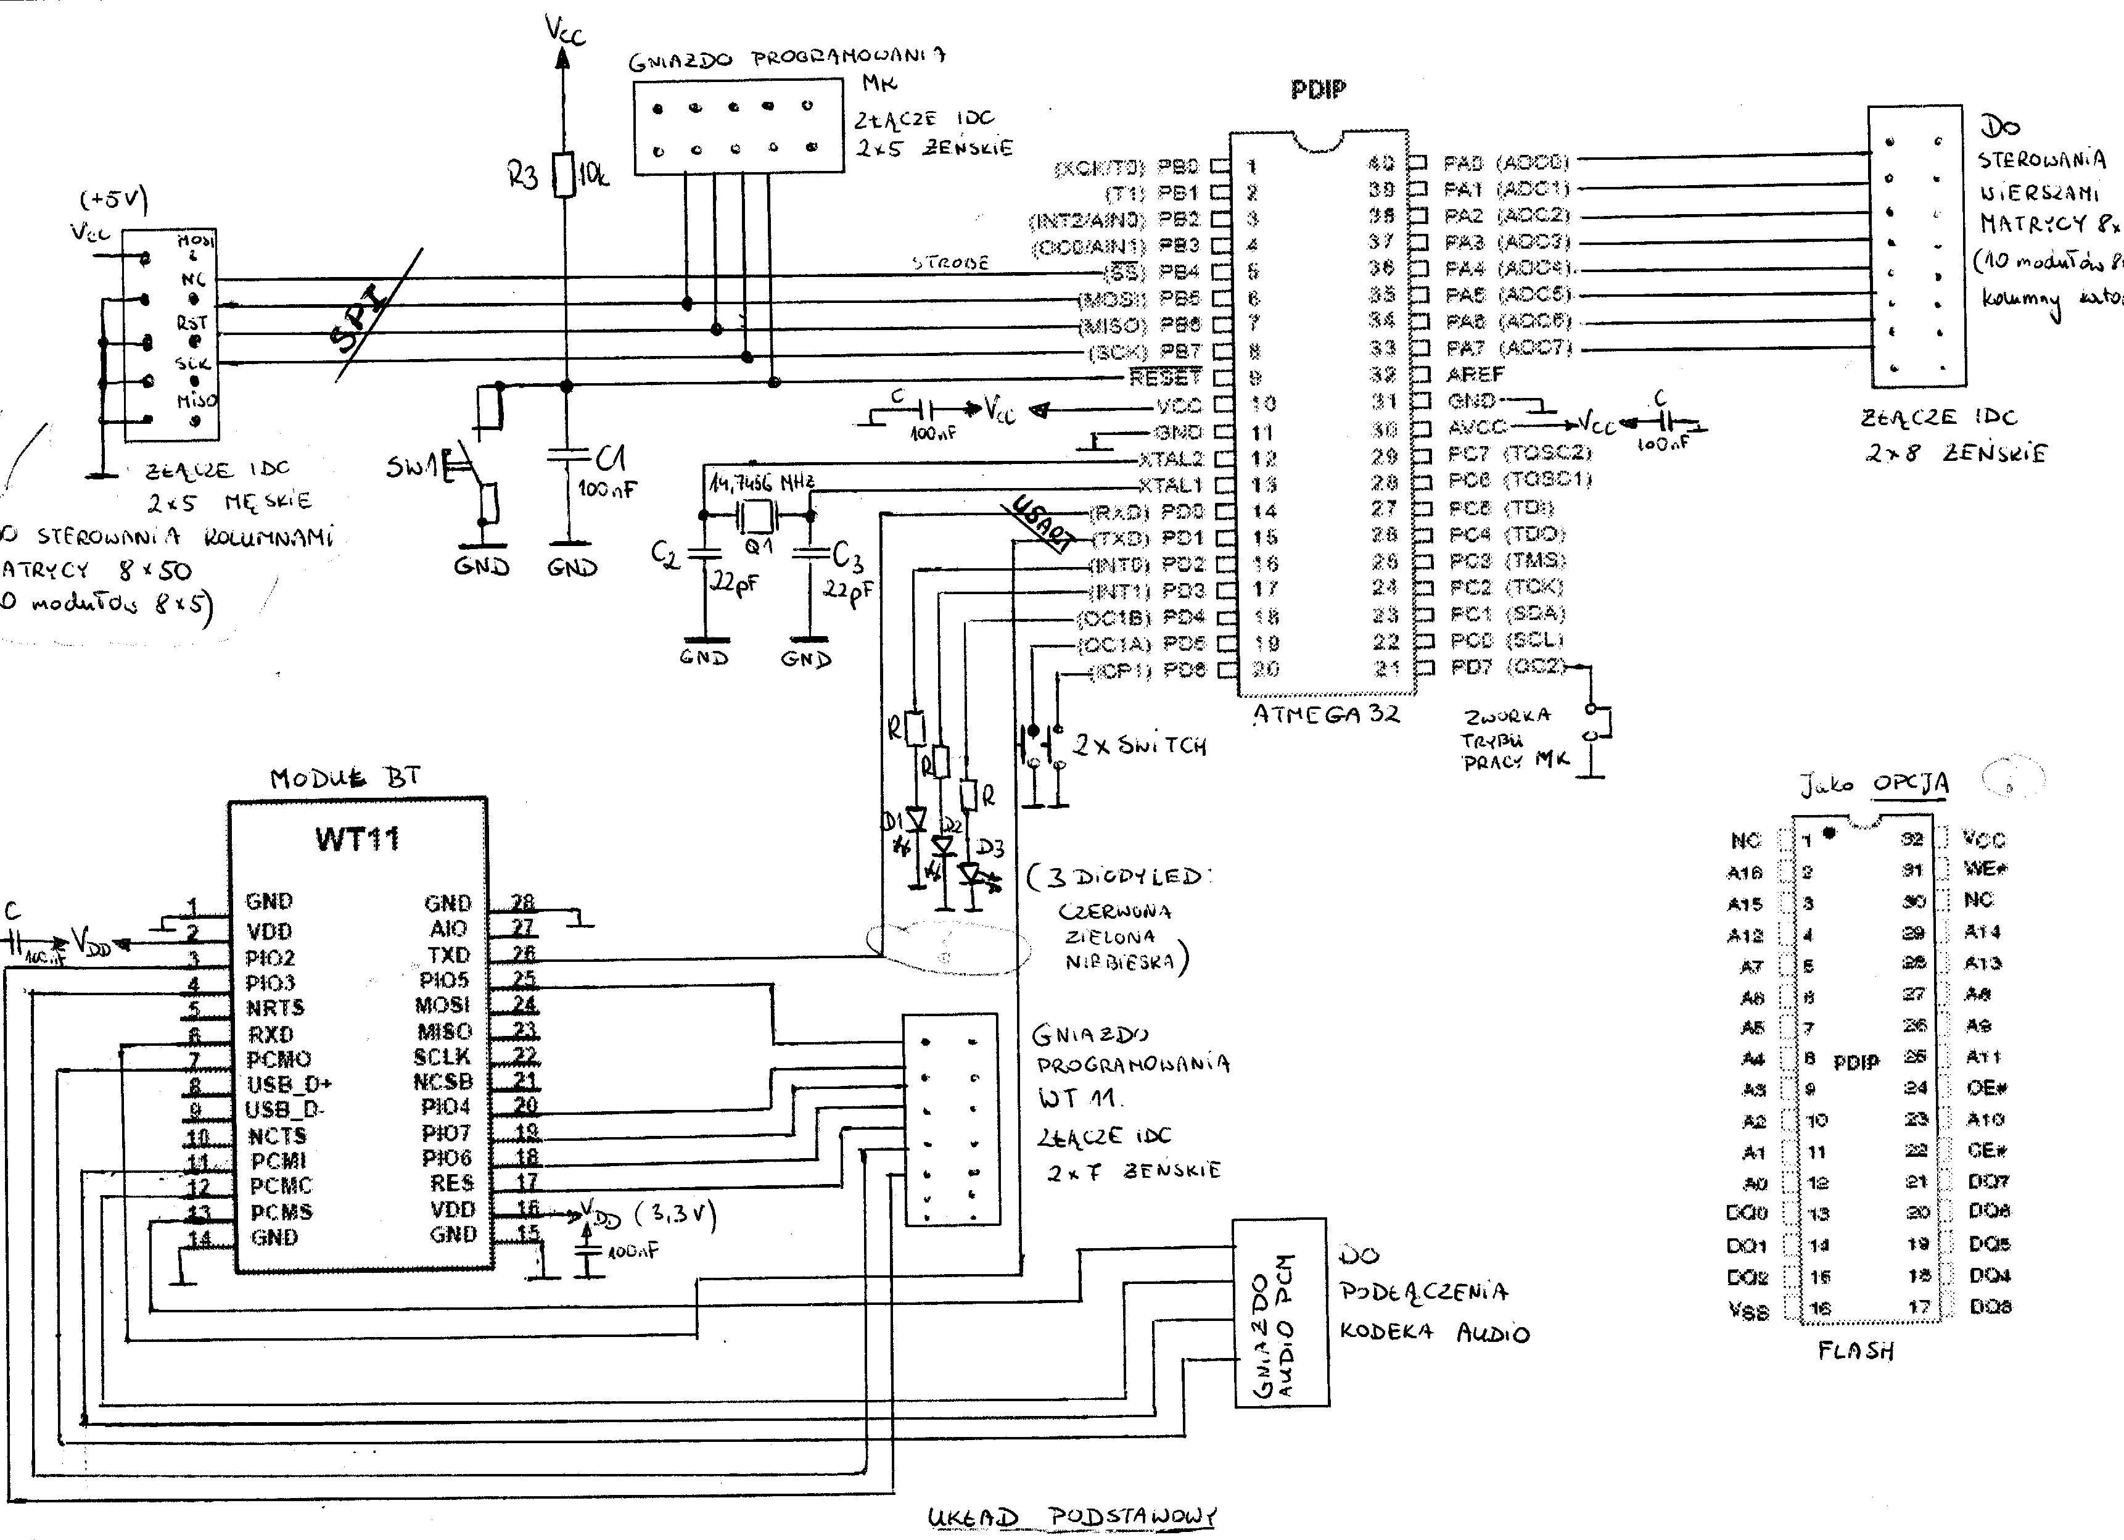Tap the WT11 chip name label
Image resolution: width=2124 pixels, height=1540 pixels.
[357, 838]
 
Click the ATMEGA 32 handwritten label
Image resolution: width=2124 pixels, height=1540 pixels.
[1326, 714]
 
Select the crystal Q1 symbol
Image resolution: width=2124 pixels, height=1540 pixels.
[757, 515]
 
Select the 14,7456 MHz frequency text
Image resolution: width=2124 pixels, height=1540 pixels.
[762, 483]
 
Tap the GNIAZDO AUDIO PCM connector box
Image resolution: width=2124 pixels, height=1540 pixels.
[1279, 1312]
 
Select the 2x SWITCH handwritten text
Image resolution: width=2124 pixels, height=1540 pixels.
[1139, 746]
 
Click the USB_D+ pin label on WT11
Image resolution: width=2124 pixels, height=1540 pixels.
[289, 1085]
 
